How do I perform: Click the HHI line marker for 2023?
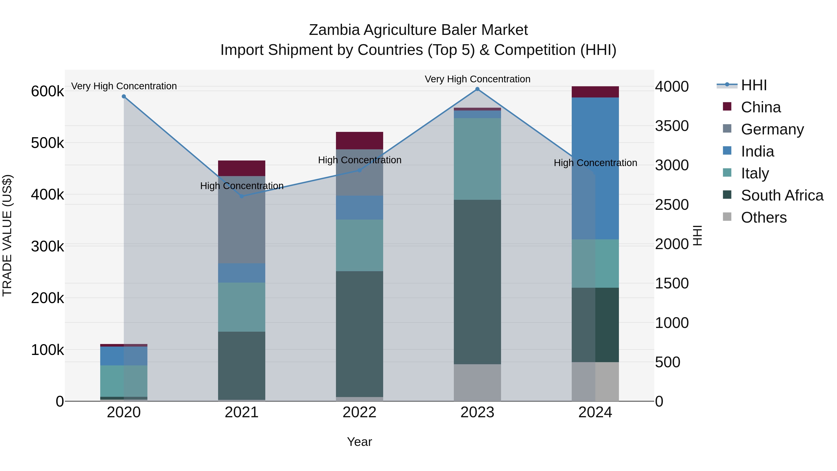[x=477, y=89]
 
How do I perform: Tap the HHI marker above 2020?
[x=124, y=97]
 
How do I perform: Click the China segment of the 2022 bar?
[x=359, y=141]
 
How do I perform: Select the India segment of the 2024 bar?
[x=595, y=168]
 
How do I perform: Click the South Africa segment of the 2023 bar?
[x=477, y=282]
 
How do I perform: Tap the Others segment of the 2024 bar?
[x=595, y=382]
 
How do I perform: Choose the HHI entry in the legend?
[x=754, y=85]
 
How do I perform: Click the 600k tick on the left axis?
[x=47, y=91]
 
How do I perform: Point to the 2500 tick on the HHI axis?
[x=671, y=205]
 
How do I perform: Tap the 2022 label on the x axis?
[x=359, y=412]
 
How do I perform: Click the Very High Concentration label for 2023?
[x=477, y=79]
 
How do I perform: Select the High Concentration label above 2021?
[x=242, y=186]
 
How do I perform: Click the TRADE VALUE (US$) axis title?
[x=7, y=235]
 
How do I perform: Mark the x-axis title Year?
[x=359, y=442]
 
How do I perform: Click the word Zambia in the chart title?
[x=334, y=30]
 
